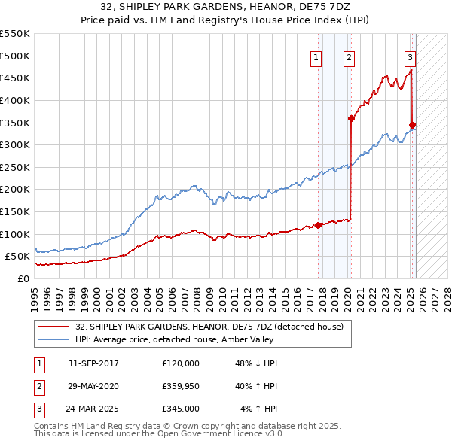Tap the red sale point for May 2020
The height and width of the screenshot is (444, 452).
(x=351, y=118)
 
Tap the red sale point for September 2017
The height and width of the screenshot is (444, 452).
(x=318, y=224)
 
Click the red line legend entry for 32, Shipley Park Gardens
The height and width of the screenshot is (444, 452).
(x=209, y=327)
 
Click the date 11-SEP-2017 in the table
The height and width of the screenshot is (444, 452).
(x=93, y=363)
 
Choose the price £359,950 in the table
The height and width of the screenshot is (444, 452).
(x=181, y=386)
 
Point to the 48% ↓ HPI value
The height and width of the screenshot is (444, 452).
(x=257, y=363)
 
